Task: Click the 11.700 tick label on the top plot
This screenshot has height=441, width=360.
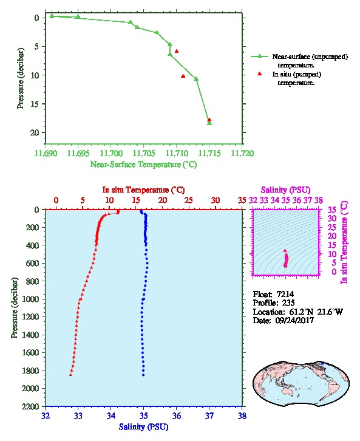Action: (x=111, y=153)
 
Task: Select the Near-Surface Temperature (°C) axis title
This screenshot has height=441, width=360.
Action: (x=143, y=165)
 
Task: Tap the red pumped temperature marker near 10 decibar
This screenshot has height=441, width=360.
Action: (x=183, y=76)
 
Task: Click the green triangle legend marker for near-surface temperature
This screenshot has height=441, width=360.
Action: (x=259, y=56)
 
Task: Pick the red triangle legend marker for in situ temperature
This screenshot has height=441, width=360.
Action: (x=260, y=73)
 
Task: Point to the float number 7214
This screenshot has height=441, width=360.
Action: (x=285, y=294)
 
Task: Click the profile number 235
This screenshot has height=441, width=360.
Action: (x=288, y=303)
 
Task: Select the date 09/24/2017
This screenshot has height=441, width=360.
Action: (x=294, y=320)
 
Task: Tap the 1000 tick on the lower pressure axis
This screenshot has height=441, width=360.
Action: (x=30, y=299)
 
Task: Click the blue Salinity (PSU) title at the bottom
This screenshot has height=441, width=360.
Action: (x=143, y=427)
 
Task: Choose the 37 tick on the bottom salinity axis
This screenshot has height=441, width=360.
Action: (x=209, y=415)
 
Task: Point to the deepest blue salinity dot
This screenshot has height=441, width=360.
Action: (x=143, y=375)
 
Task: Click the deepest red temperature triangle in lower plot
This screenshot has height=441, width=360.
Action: (x=70, y=375)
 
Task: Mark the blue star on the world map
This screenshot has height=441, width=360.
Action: (x=322, y=364)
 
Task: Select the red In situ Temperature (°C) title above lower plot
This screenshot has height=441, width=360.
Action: (x=143, y=190)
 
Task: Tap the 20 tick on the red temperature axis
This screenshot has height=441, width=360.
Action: (x=163, y=200)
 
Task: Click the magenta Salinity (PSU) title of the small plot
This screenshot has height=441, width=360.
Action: (x=285, y=190)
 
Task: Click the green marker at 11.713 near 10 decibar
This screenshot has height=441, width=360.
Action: (x=196, y=79)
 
